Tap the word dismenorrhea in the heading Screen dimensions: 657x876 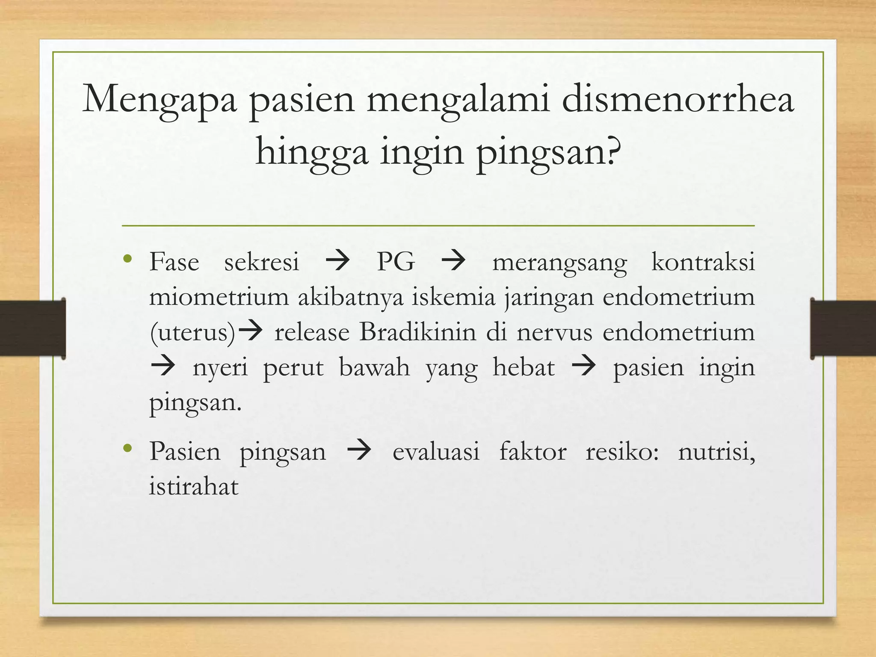point(678,99)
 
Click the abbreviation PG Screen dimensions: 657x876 point(396,262)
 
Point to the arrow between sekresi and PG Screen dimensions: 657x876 point(337,262)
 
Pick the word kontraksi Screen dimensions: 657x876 point(703,262)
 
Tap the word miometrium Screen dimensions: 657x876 point(219,297)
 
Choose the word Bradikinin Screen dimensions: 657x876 point(417,332)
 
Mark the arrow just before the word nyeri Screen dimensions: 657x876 point(163,367)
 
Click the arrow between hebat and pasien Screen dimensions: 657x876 point(583,367)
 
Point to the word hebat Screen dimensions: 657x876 point(524,367)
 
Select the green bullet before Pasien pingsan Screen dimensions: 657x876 point(127,449)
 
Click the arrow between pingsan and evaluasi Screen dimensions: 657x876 point(359,452)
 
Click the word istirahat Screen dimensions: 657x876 point(193,487)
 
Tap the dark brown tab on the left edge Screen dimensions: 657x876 point(33,328)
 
